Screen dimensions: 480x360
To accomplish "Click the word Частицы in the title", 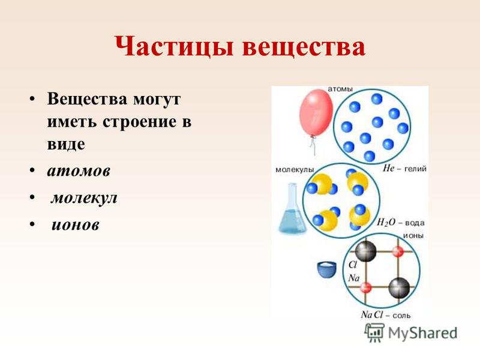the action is (175, 47).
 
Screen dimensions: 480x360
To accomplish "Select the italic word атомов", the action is (79, 171).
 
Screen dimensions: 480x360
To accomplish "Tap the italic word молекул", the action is (84, 198).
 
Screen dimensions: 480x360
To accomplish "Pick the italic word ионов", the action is (76, 225).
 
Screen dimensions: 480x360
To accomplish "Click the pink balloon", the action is (316, 114).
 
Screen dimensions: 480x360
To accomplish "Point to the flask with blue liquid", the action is (292, 208).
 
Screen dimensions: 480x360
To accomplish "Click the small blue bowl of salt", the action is (326, 269).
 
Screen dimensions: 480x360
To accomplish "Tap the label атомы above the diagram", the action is (340, 89).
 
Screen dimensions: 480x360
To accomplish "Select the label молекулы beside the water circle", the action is (295, 170).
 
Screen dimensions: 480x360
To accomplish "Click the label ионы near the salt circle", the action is (413, 236).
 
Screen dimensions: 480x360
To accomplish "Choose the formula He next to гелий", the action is (388, 168).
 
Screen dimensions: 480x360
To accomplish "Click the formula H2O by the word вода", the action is (386, 222).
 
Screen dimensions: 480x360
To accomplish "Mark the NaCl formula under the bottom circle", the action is (372, 314).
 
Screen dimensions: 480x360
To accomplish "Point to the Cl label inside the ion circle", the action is (353, 265).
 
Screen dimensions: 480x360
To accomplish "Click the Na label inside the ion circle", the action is (354, 278).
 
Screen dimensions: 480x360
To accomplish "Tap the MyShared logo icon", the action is (374, 333).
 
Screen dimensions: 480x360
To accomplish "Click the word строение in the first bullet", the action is (140, 122).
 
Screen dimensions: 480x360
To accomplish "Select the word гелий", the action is (415, 169).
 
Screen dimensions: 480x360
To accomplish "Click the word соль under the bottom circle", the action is (401, 316).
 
